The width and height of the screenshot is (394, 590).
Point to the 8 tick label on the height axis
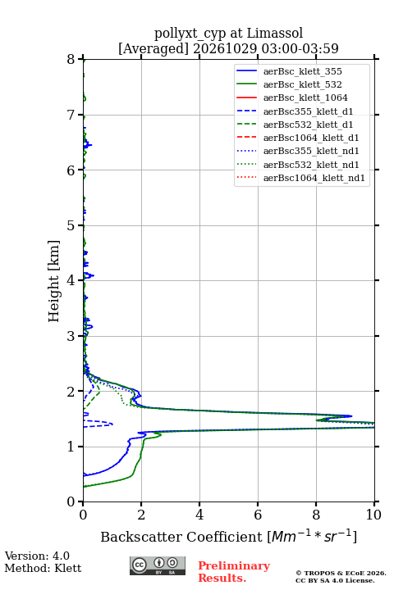coord(71,60)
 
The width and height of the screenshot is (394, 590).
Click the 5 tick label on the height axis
coord(71,226)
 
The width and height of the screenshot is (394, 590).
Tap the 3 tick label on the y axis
coord(71,336)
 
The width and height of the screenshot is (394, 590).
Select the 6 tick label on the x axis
coord(258,515)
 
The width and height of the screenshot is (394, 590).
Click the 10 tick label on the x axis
coord(373,515)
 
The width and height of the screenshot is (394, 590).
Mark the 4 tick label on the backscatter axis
coord(199,515)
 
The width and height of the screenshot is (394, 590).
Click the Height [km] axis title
coord(54,281)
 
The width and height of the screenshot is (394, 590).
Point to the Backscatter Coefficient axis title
coord(228,537)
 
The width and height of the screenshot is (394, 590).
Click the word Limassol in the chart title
coord(275,34)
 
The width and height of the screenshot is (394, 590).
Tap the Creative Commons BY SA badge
coord(158,565)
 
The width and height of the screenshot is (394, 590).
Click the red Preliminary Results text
coord(234,572)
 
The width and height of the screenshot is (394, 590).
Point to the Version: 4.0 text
coord(37,556)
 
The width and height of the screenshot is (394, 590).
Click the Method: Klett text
coord(43,568)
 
